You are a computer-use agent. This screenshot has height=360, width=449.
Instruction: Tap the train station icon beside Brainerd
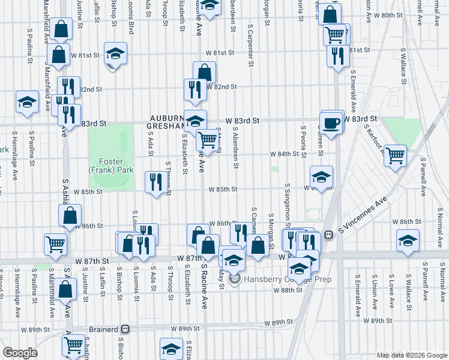tap(125, 329)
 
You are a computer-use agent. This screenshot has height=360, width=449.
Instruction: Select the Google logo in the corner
tap(20, 353)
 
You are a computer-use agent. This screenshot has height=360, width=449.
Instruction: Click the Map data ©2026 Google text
tap(411, 355)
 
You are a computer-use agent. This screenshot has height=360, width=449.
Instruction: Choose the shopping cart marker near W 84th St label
tap(395, 156)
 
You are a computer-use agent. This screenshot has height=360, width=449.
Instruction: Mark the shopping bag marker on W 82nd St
tap(204, 73)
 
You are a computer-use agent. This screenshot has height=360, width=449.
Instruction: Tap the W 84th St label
tap(284, 154)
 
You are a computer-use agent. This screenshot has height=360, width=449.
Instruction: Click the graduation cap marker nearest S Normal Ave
tap(408, 241)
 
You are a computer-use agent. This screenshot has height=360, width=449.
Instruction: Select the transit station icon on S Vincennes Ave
tap(328, 235)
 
